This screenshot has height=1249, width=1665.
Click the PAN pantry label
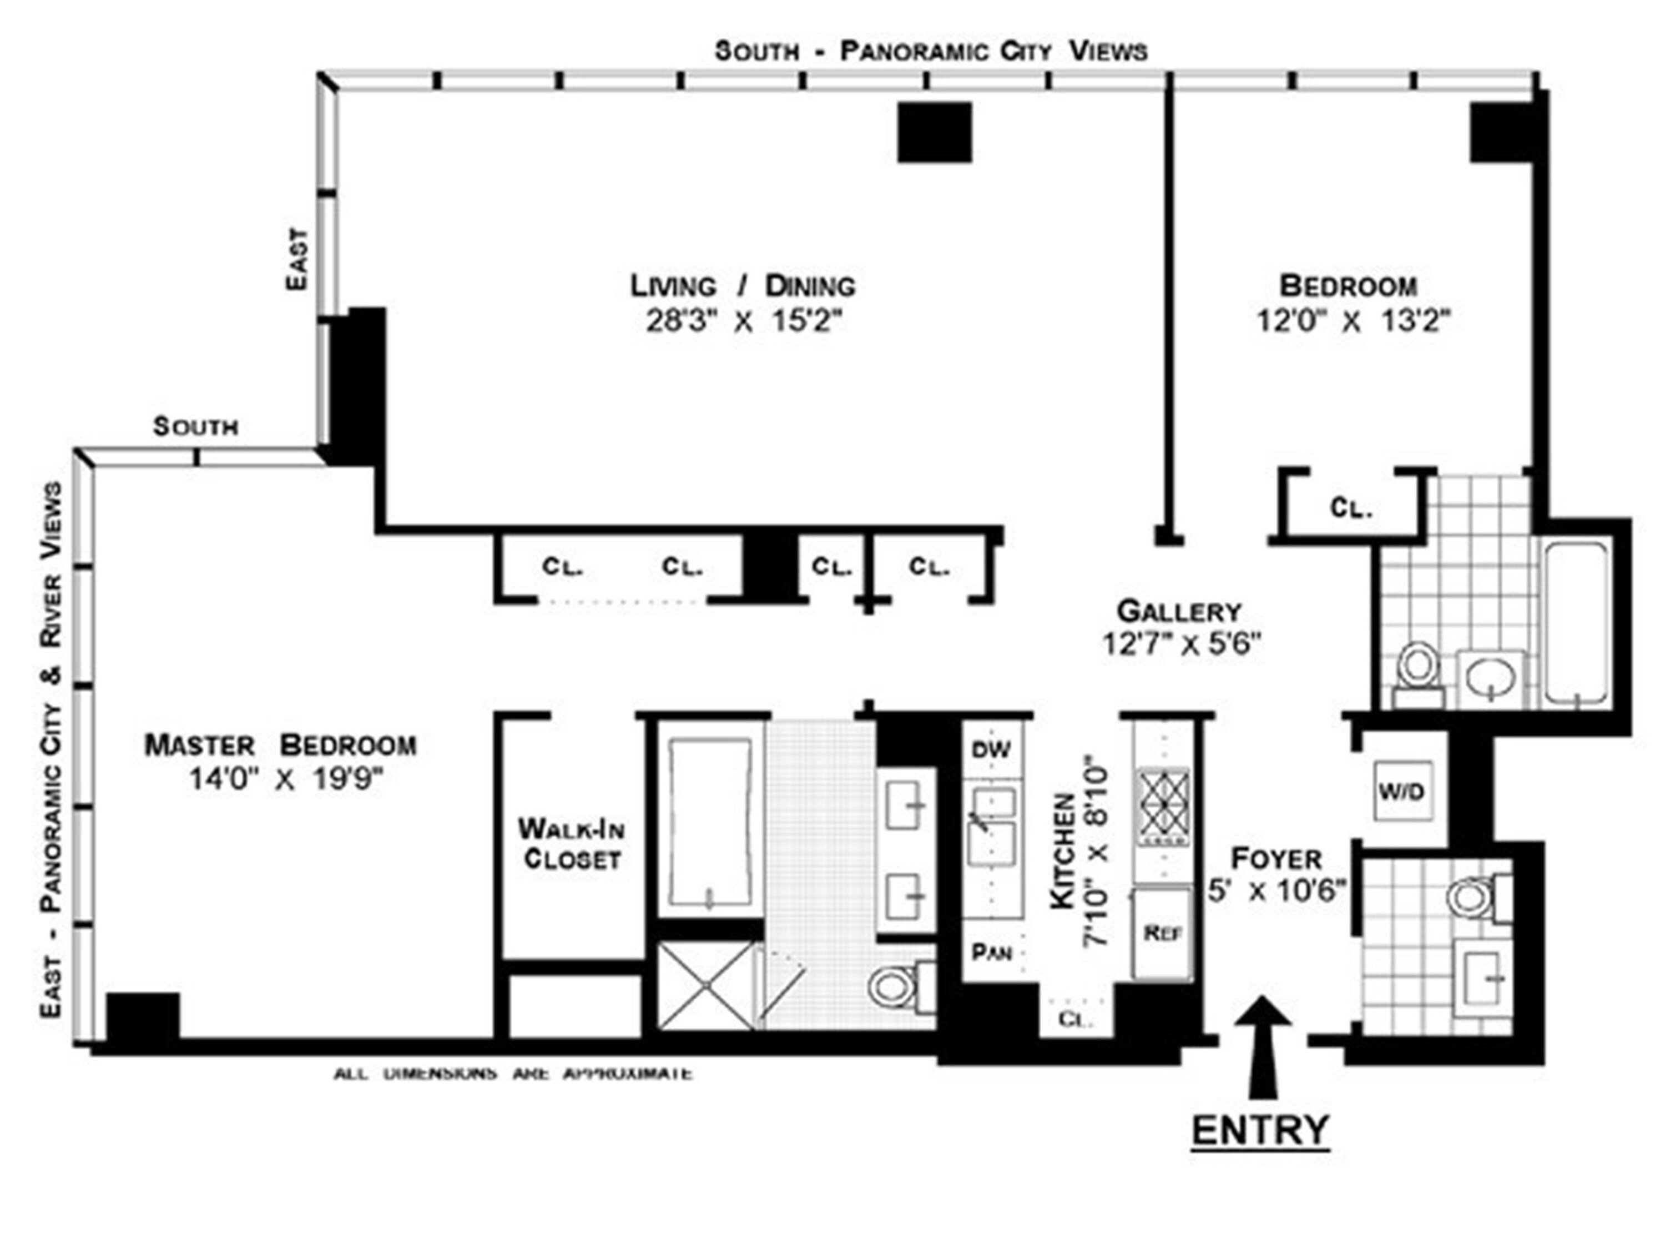point(991,953)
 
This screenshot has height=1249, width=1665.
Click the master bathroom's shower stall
point(706,985)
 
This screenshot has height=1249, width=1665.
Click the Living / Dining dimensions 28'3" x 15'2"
point(743,321)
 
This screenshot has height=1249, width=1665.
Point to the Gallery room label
point(1179,611)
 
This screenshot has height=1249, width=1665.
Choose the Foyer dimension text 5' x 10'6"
point(1276,890)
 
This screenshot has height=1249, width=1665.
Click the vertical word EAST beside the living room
point(297,259)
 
